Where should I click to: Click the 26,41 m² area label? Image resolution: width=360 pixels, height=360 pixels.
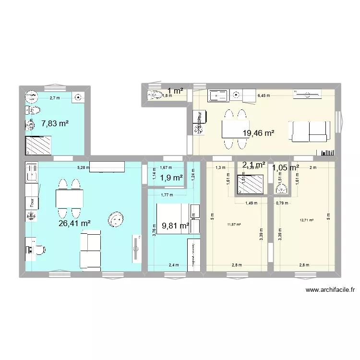click(74, 223)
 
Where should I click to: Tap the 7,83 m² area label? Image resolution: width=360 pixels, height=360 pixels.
click(55, 123)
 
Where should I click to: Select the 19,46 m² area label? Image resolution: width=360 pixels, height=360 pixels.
click(258, 133)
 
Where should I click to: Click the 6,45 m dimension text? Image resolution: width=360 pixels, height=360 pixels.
click(264, 96)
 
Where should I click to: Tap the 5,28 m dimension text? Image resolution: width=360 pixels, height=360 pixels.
click(84, 168)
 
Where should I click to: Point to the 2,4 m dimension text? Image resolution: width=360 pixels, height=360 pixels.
click(174, 264)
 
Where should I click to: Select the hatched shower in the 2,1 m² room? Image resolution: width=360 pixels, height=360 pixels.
click(252, 184)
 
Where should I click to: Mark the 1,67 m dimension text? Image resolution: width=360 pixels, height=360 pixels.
click(166, 168)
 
